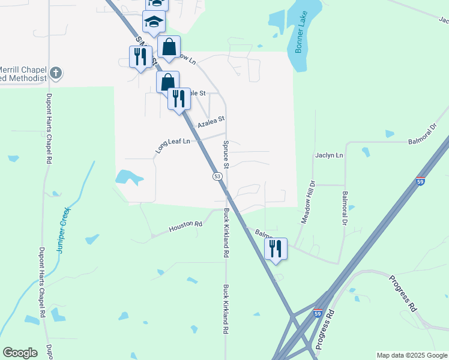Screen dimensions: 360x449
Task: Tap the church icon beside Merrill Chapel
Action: (x=56, y=73)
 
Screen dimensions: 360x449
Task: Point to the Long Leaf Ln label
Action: (x=172, y=145)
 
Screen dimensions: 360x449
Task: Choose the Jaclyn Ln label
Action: (x=329, y=155)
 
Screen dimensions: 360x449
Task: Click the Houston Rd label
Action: (x=185, y=226)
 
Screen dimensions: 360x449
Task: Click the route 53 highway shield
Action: (x=217, y=176)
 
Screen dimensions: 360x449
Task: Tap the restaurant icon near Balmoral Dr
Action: (x=276, y=248)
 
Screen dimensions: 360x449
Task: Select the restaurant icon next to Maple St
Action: (x=178, y=98)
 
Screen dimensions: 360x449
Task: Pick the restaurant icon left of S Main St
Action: (x=140, y=57)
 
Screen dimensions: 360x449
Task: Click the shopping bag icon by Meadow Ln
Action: (x=169, y=46)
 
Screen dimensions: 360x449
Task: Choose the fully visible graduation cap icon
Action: (x=154, y=22)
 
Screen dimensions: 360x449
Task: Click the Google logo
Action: (x=20, y=353)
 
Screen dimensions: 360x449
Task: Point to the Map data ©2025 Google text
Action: (x=412, y=355)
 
